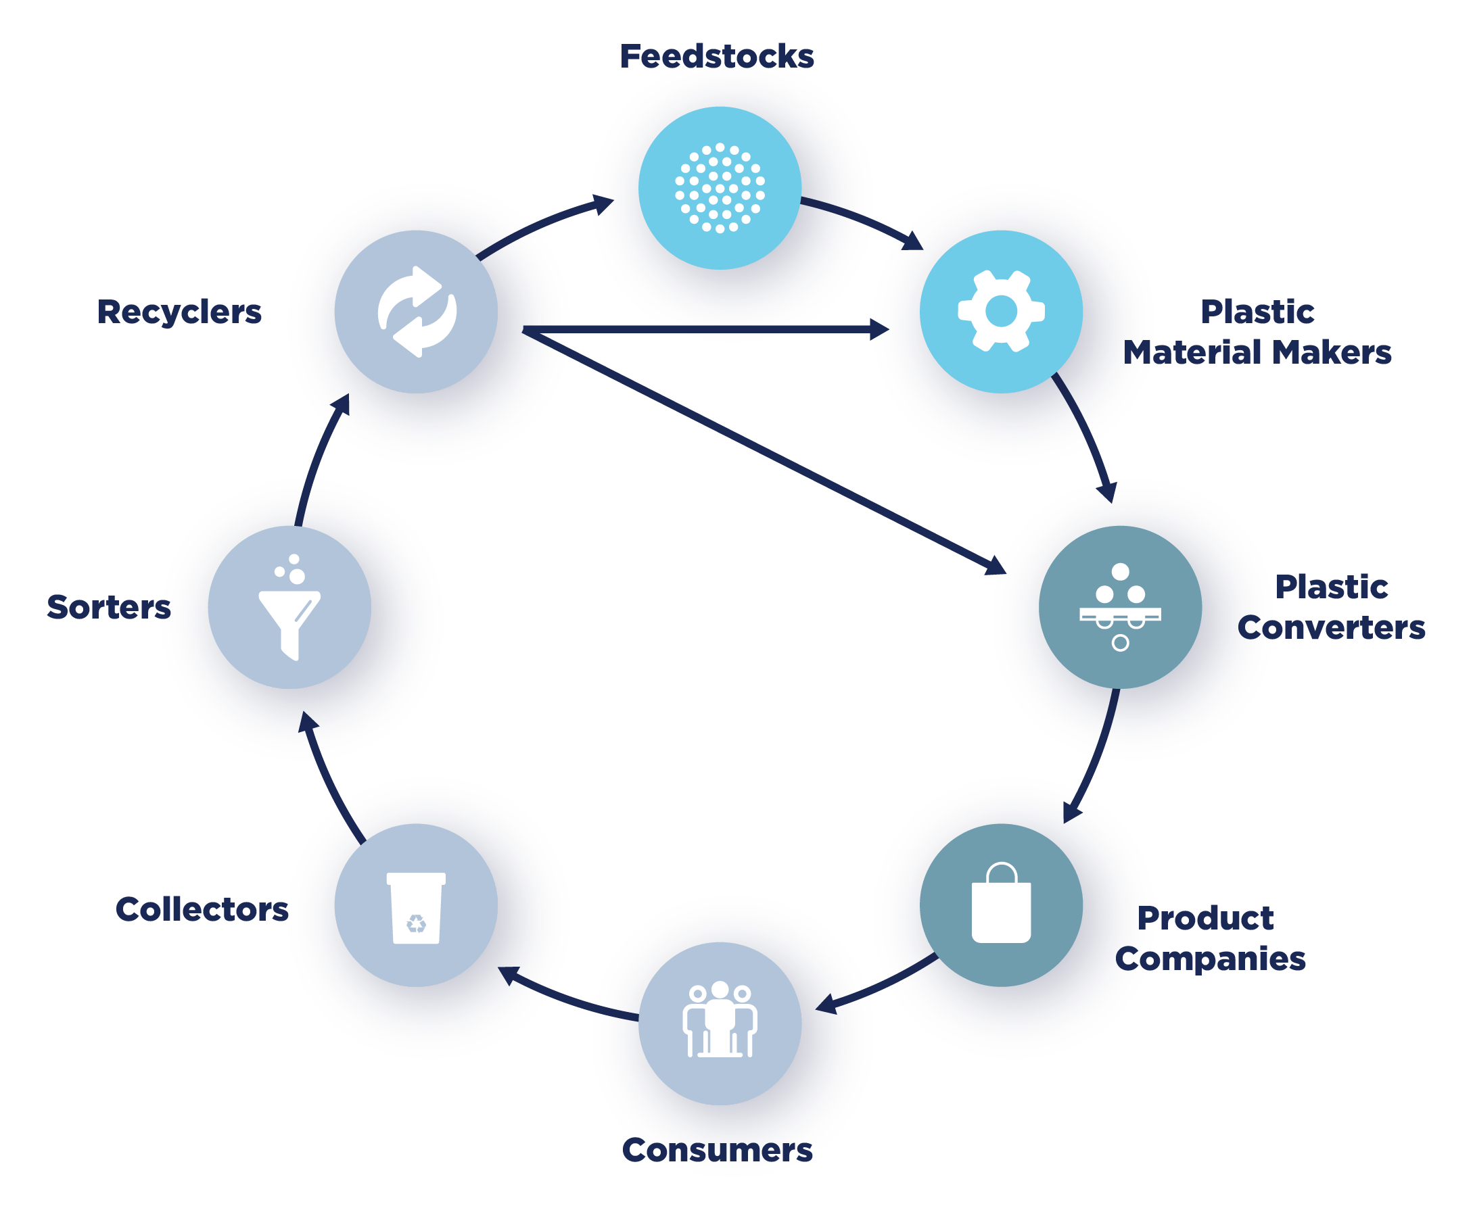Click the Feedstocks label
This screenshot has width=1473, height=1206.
(x=716, y=56)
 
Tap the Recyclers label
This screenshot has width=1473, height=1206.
(x=179, y=312)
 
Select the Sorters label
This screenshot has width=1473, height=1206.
(x=108, y=607)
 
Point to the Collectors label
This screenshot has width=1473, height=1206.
(x=202, y=909)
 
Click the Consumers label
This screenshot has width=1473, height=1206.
(x=717, y=1150)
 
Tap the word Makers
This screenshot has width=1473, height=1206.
(x=1332, y=352)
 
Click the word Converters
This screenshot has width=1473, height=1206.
(x=1332, y=627)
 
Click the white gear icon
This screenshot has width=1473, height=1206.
(x=1001, y=311)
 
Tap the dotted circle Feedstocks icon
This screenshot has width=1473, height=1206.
(x=720, y=188)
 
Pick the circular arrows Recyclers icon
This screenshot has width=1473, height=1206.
(x=417, y=312)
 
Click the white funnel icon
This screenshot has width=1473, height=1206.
(x=289, y=614)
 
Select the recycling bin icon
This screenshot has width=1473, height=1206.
(x=416, y=907)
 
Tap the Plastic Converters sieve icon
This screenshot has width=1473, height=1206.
(x=1120, y=606)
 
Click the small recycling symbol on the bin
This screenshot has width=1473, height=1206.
(x=416, y=923)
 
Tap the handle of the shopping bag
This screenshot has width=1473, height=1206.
(x=1001, y=872)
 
